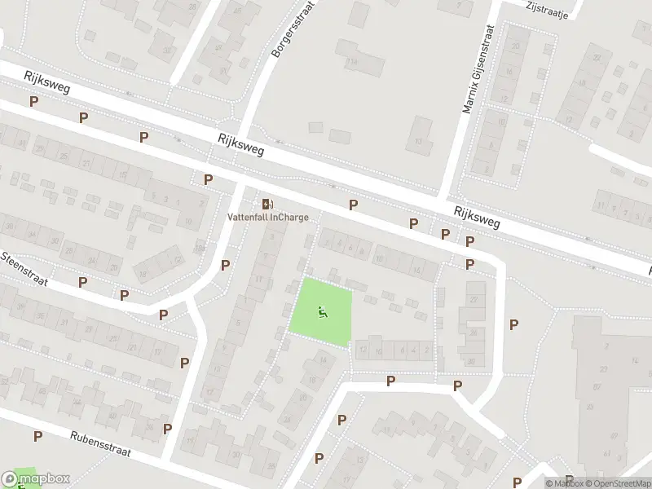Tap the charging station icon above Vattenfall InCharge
(x=267, y=203)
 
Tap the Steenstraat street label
(x=24, y=268)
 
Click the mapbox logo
(x=36, y=478)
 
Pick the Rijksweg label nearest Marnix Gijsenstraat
(x=478, y=216)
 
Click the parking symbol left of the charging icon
(x=208, y=179)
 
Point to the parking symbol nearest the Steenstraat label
(x=82, y=282)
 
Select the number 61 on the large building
(x=606, y=453)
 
